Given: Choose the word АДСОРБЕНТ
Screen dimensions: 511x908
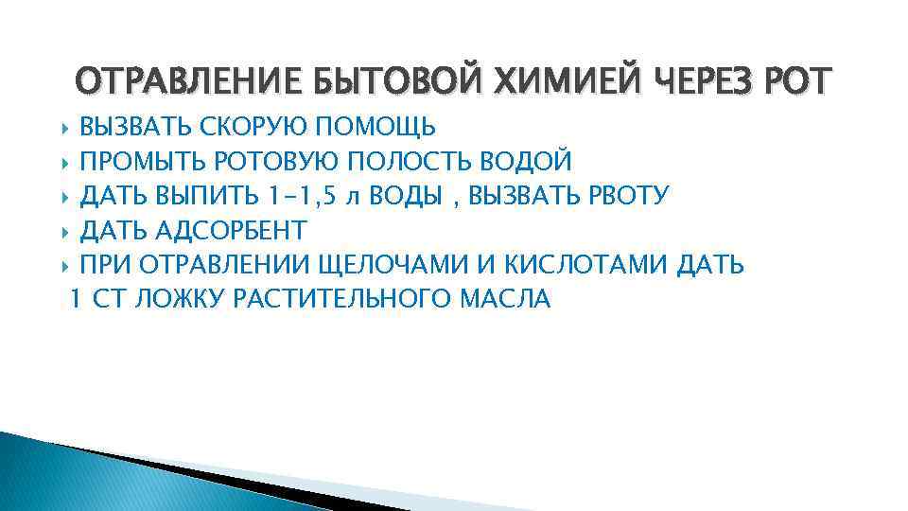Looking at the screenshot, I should click(239, 230).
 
